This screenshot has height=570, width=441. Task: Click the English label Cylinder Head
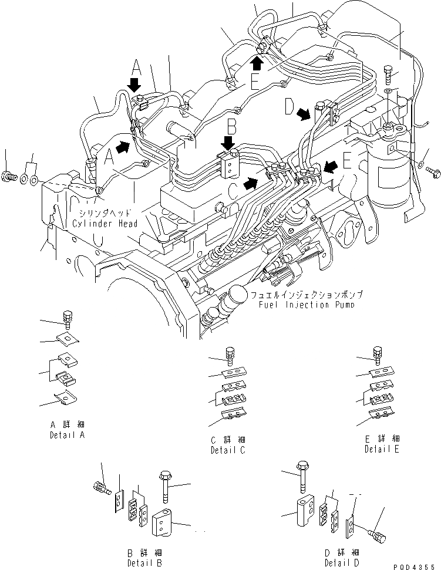point(106,224)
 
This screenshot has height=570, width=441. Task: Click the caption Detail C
point(228,450)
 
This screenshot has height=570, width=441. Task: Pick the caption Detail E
point(382,449)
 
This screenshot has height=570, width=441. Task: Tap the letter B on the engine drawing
point(233,126)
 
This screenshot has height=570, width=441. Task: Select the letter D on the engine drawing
point(288,107)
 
